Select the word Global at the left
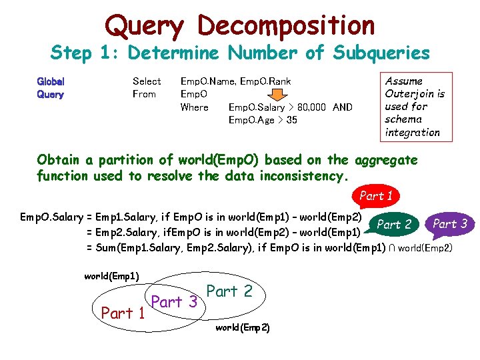(x=51, y=81)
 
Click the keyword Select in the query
(x=147, y=81)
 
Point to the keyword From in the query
(x=144, y=94)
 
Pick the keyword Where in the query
(x=195, y=107)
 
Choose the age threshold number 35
(x=291, y=120)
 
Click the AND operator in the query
(x=343, y=107)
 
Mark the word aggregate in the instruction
(x=387, y=160)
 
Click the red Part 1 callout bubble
(x=376, y=196)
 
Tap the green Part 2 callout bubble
(x=393, y=225)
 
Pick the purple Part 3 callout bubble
(x=451, y=223)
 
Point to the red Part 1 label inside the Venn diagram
(x=123, y=312)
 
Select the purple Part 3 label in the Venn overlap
(x=175, y=301)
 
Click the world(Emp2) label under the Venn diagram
(x=243, y=328)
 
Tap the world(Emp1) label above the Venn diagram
(x=112, y=275)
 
